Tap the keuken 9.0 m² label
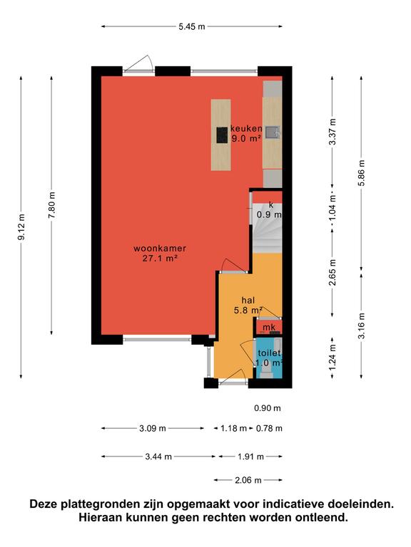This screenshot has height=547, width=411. pos(246,133)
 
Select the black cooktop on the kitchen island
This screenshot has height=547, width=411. pos(222,135)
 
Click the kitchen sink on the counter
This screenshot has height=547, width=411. pos(273,132)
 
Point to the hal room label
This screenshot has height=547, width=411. pos(248,300)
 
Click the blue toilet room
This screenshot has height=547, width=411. pos(269,358)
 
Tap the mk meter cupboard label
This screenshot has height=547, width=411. pos(269,327)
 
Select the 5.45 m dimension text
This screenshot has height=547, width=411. pos(192,26)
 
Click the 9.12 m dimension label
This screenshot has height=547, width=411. pos(21,226)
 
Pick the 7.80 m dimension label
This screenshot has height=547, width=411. pos(51,205)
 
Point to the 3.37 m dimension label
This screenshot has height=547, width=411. pos(333,132)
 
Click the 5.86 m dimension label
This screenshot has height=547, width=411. pos(361,173)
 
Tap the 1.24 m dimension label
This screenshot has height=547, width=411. pos(333,358)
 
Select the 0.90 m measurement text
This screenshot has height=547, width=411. pos(268,408)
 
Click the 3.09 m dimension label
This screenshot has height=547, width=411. pos(153,428)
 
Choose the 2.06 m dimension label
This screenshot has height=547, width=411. pos(248,480)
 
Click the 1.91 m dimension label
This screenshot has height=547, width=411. pos(250,457)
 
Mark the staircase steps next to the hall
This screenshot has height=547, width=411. pos(267,229)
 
